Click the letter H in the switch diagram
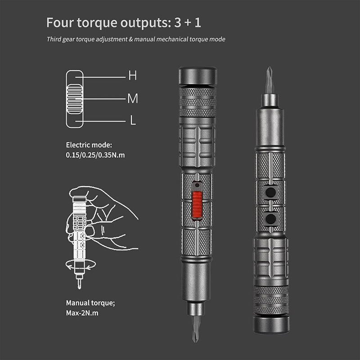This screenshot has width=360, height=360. [132, 76]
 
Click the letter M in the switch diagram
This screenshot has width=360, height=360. [132, 99]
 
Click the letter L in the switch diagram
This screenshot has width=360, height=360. [132, 121]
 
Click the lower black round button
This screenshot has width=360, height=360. [270, 219]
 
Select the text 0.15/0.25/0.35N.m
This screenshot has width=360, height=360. [95, 155]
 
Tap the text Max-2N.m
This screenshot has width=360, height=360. [82, 312]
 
